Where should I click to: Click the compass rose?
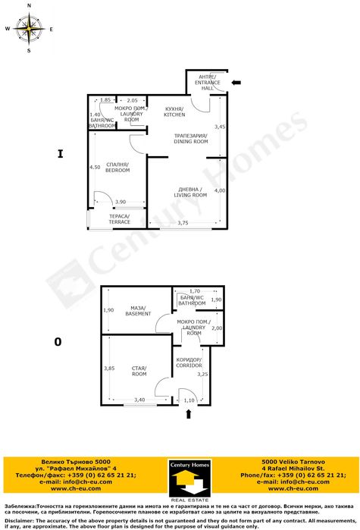click(28, 29)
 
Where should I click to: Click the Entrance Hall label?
click(207, 81)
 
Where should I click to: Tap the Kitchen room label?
click(174, 111)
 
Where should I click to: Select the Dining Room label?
click(180, 139)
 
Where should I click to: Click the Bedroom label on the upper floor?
click(117, 167)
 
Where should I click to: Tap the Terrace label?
click(119, 219)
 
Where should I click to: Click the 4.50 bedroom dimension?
click(95, 167)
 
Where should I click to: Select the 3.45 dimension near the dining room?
click(220, 127)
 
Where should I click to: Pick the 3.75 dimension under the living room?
click(183, 223)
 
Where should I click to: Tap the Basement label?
click(138, 310)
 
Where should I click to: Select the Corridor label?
click(188, 362)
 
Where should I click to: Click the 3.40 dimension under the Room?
click(139, 400)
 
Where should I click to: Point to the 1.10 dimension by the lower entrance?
click(189, 400)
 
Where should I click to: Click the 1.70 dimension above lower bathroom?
click(195, 291)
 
